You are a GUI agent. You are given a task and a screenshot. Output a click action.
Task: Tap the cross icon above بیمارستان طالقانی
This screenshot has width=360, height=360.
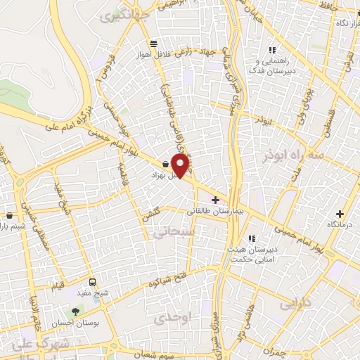[x=214, y=200]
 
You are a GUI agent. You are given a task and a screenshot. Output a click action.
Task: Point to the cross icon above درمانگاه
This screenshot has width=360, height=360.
[x=341, y=214]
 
